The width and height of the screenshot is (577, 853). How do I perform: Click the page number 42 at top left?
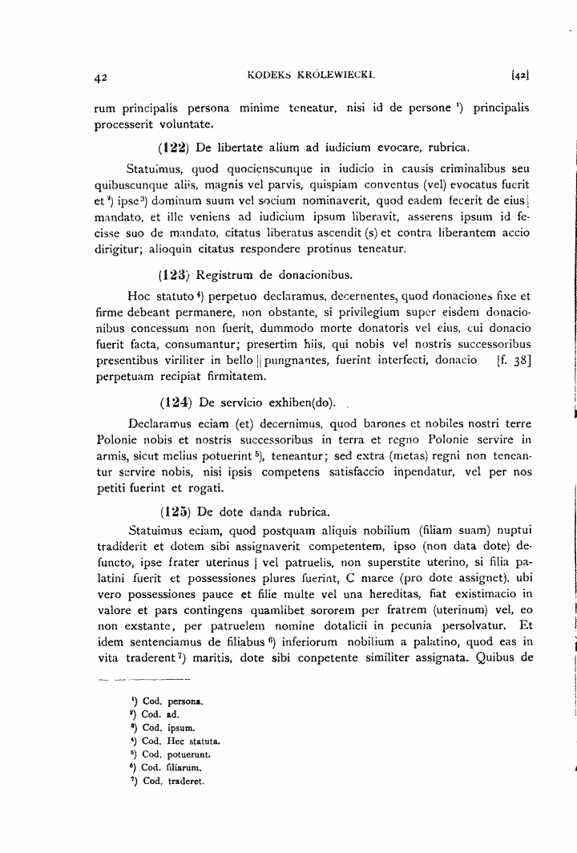(100, 79)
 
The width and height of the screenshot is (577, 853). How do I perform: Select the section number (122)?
(173, 148)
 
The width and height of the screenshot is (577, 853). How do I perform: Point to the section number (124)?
(173, 402)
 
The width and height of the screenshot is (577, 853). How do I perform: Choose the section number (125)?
(173, 510)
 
